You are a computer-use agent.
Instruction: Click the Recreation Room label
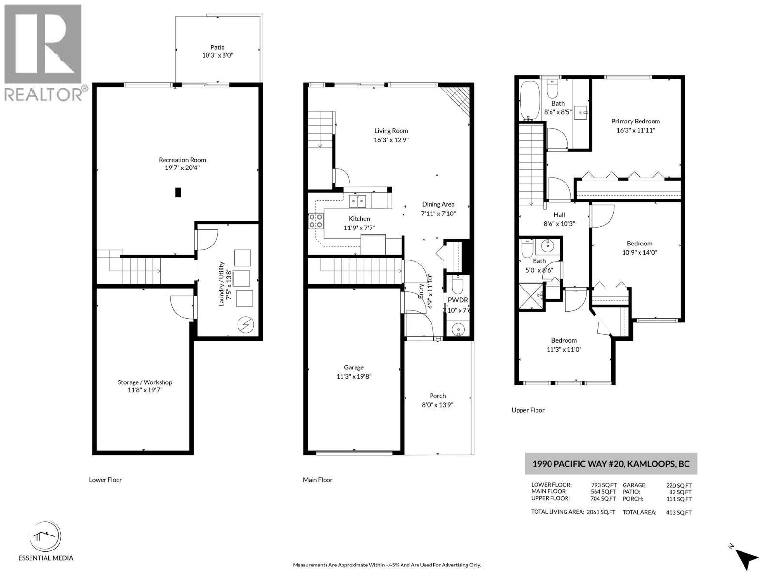coord(182,160)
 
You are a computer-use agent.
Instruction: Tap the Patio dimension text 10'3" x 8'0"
coord(218,55)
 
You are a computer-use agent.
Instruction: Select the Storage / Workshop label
coord(145,382)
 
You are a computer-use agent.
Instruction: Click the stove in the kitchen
coord(315,221)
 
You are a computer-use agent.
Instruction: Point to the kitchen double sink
coord(357,201)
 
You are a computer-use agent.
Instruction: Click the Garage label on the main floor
coord(354,367)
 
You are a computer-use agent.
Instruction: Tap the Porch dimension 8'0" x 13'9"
coord(438,405)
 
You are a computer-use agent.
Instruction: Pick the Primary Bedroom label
coord(636,122)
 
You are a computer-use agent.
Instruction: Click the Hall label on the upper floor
coord(559,214)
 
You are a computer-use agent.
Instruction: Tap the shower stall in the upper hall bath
coord(531,296)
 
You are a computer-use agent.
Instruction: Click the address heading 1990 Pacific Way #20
coord(578,463)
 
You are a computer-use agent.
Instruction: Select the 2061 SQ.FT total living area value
coord(601,512)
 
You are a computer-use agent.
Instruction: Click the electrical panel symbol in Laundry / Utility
coord(245,325)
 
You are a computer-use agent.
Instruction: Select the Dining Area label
coord(438,204)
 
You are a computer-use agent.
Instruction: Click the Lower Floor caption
coord(105,480)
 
